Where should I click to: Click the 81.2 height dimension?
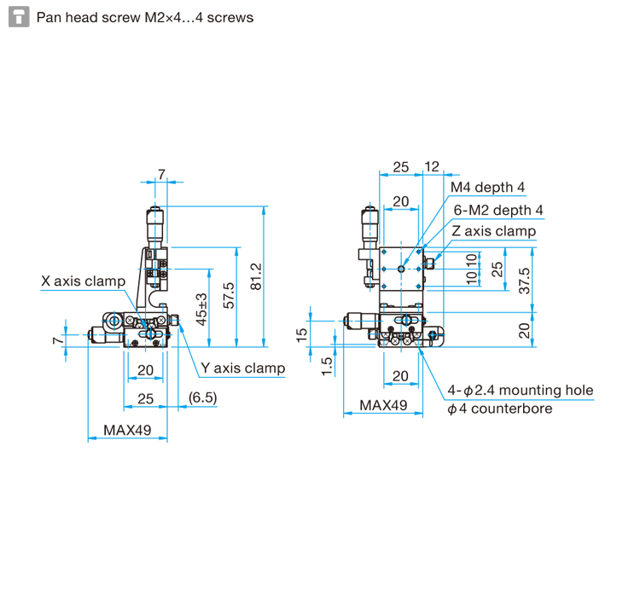pos(255,275)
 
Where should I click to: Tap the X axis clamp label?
pos(83,281)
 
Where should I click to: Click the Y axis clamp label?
pos(242,368)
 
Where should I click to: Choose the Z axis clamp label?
pos(493,231)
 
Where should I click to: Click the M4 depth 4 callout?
pos(487,188)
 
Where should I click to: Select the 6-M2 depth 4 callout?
pos(498,210)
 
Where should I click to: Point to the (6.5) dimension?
pos(202,398)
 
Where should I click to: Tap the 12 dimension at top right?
pos(431,167)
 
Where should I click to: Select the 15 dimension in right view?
pos(302,334)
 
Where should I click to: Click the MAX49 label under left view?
pos(127,430)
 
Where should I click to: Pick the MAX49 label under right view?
pos(382,405)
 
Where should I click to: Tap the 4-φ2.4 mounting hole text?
pos(520,391)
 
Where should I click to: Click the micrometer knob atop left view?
pos(155,223)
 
